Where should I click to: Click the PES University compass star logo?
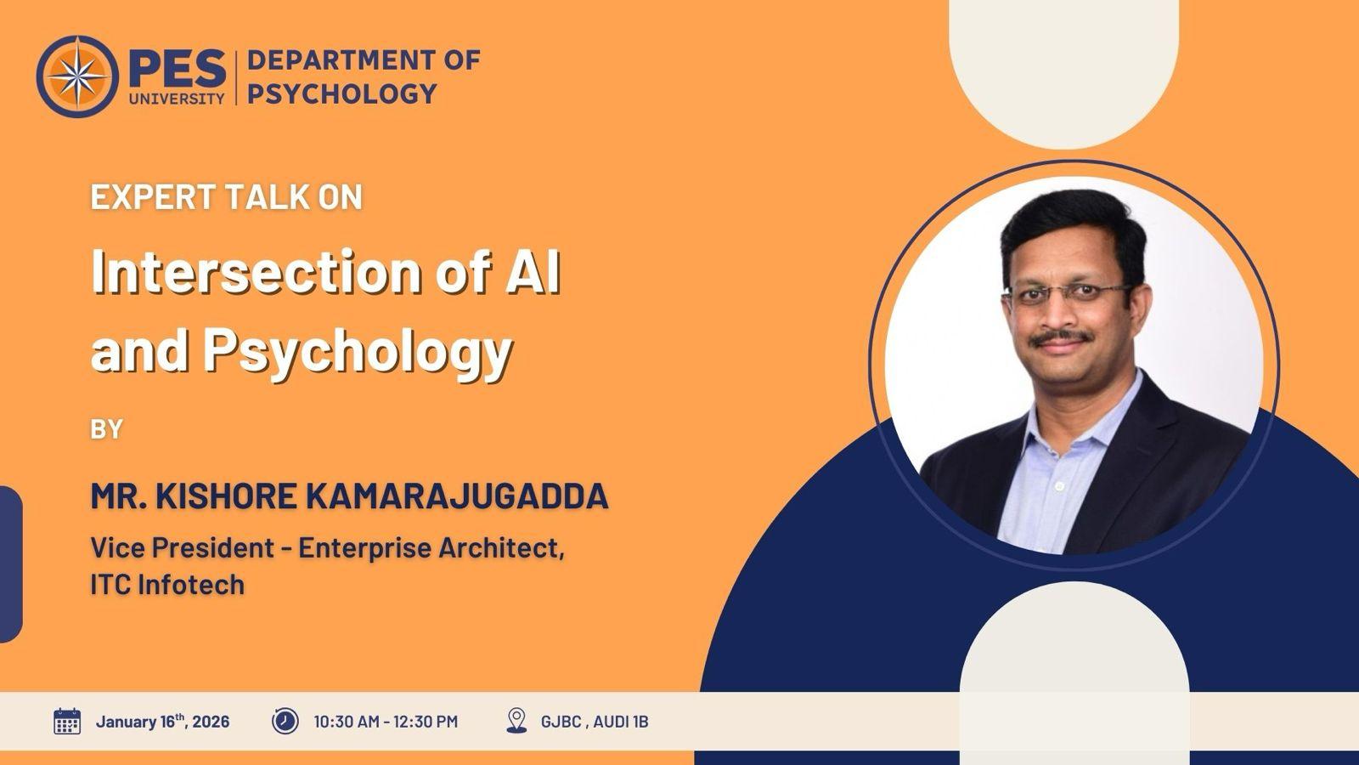click(77, 76)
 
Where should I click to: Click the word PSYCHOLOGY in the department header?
click(342, 94)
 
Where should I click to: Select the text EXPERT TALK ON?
click(226, 196)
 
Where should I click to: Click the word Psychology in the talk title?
click(358, 352)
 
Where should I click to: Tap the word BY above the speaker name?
click(107, 429)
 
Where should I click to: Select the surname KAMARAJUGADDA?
click(457, 496)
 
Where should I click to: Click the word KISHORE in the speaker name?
click(226, 496)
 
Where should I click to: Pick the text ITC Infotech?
click(167, 585)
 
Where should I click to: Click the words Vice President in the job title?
click(182, 547)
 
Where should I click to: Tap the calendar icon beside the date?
click(67, 722)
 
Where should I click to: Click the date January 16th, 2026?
click(162, 722)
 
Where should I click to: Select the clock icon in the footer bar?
click(285, 722)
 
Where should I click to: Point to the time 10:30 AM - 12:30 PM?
click(386, 722)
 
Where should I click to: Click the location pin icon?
click(516, 721)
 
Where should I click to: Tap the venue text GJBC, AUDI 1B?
click(595, 722)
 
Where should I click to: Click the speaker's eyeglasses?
click(1068, 294)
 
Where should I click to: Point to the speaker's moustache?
click(1061, 337)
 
